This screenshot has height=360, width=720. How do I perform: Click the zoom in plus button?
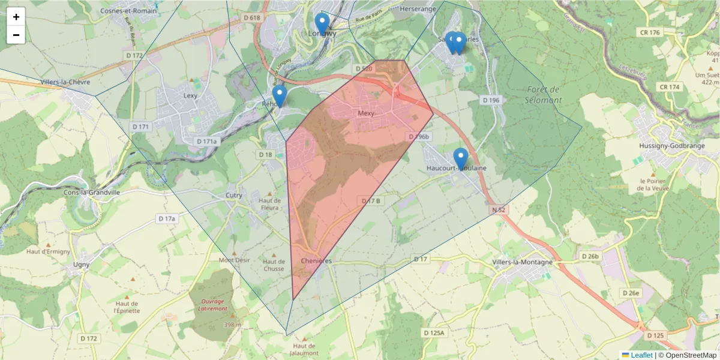pyautogui.click(x=16, y=17)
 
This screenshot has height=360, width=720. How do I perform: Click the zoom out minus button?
pyautogui.click(x=16, y=35)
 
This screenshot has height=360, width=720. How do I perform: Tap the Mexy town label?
pyautogui.click(x=365, y=113)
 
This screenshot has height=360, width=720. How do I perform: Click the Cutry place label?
pyautogui.click(x=233, y=196)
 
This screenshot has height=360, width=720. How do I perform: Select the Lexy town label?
pyautogui.click(x=190, y=95)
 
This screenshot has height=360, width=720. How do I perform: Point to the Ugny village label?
pyautogui.click(x=81, y=265)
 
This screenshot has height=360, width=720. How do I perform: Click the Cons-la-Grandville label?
pyautogui.click(x=92, y=193)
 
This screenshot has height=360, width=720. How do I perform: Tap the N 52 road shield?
pyautogui.click(x=498, y=210)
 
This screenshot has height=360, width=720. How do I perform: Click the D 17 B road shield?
pyautogui.click(x=371, y=201)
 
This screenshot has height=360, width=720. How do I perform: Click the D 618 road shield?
pyautogui.click(x=253, y=18)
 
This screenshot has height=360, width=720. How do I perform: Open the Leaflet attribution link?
pyautogui.click(x=641, y=355)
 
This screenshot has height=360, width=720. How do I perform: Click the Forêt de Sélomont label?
pyautogui.click(x=544, y=95)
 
